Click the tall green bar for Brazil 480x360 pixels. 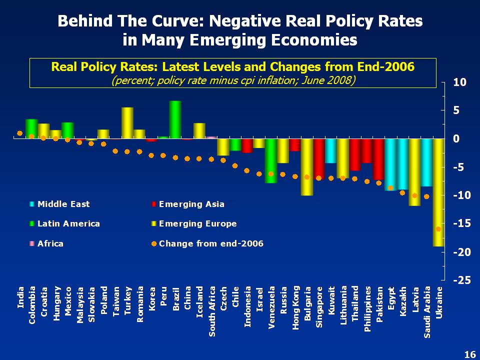tap(175, 120)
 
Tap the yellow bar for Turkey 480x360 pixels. tap(127, 123)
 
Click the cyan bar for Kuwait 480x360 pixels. tap(331, 151)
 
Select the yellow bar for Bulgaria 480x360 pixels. tap(307, 167)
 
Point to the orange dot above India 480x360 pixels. tap(19, 133)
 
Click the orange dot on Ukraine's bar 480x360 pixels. tap(438, 229)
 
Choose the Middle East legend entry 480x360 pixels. tap(63, 204)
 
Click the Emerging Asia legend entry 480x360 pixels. tap(191, 204)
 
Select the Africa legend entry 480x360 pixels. tap(50, 243)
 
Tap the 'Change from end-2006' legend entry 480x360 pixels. tap(210, 243)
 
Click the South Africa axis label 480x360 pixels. tap(212, 311)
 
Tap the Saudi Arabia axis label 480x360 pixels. tap(427, 311)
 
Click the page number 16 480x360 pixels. tap(469, 354)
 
